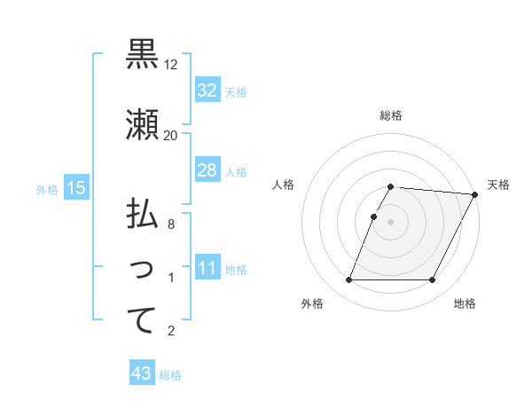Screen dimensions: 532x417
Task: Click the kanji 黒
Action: (x=142, y=55)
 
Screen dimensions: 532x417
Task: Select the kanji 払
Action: (x=142, y=215)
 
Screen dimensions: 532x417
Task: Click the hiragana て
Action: (x=142, y=320)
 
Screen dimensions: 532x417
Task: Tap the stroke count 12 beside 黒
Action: (x=171, y=65)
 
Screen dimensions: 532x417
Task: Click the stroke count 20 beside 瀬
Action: (x=171, y=136)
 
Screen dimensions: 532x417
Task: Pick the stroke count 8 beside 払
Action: (x=171, y=224)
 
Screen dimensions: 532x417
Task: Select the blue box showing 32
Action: (x=207, y=90)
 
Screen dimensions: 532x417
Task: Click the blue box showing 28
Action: (x=207, y=170)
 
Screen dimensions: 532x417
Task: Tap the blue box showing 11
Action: (x=207, y=268)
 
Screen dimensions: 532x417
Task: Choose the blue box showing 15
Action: (x=76, y=188)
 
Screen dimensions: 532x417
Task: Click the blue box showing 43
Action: (x=142, y=374)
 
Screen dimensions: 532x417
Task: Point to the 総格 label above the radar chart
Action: (x=391, y=115)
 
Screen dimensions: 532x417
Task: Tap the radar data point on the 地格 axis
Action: (x=433, y=280)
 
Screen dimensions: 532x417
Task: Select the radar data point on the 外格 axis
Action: (x=348, y=280)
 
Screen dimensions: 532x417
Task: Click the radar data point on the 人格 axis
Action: (x=373, y=216)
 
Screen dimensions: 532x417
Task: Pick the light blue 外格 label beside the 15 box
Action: (x=47, y=189)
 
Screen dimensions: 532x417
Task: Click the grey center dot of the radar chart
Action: (x=391, y=222)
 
